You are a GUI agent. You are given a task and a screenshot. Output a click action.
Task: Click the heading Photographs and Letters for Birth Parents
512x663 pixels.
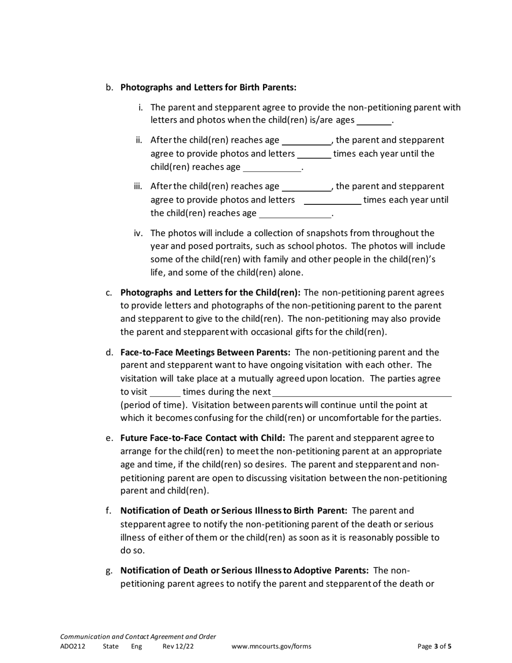click(208, 87)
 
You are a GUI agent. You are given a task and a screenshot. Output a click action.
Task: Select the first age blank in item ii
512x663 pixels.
click(307, 141)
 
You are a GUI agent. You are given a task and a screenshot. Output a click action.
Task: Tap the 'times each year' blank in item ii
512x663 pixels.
click(314, 154)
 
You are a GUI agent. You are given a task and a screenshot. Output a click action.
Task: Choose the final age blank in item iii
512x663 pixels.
click(295, 213)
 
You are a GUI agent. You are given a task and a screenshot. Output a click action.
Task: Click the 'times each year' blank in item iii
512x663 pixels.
click(333, 201)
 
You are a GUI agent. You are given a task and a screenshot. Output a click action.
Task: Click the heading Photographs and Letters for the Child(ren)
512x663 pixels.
click(210, 293)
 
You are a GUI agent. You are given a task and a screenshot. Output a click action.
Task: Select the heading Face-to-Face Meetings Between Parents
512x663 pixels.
click(205, 353)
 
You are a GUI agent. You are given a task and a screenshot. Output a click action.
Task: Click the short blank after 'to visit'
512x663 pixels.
click(165, 392)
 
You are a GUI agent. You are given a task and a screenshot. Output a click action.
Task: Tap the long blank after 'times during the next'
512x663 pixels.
click(362, 392)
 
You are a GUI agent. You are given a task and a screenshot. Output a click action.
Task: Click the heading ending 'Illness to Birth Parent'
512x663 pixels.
click(233, 510)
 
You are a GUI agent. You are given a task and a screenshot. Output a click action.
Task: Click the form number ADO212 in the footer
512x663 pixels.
click(73, 646)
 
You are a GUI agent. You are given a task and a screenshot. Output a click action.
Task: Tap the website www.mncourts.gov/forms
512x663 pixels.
click(271, 646)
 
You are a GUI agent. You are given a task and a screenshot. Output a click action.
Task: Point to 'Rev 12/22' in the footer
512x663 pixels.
click(178, 646)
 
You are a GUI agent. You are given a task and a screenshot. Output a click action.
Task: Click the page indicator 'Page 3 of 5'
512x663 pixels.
click(434, 646)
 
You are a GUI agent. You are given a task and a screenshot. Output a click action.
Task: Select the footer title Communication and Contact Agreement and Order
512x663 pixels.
click(138, 637)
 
